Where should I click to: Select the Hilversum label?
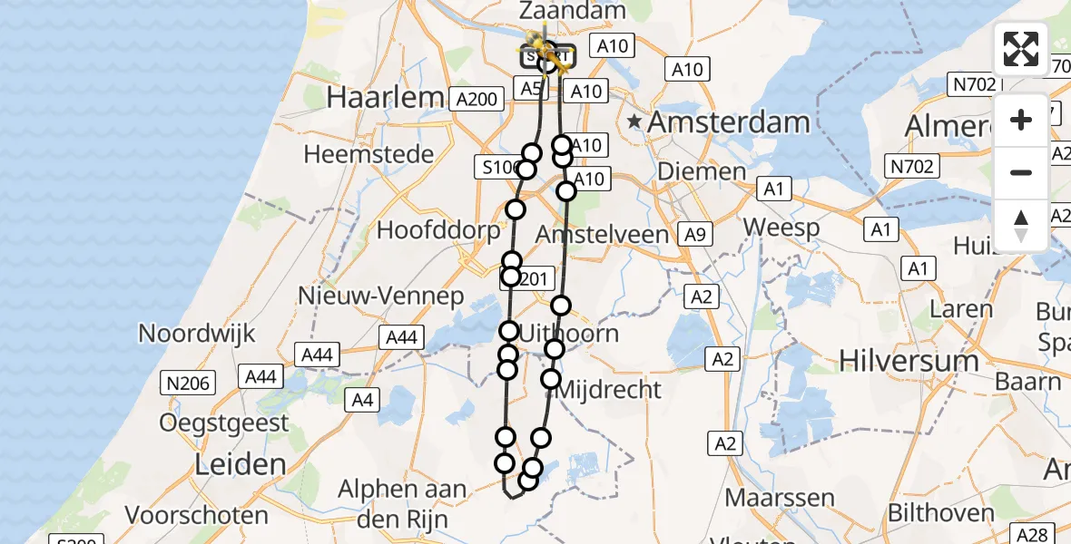pos(909,360)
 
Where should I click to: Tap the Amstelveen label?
pos(603,235)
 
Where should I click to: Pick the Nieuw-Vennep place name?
pos(381,296)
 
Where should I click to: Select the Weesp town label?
pos(781,228)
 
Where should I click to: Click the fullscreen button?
pos(1021,49)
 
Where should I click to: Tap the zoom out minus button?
pos(1021,172)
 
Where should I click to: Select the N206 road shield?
pos(187,383)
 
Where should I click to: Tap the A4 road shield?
pos(362,399)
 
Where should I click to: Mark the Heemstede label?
pos(368,154)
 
